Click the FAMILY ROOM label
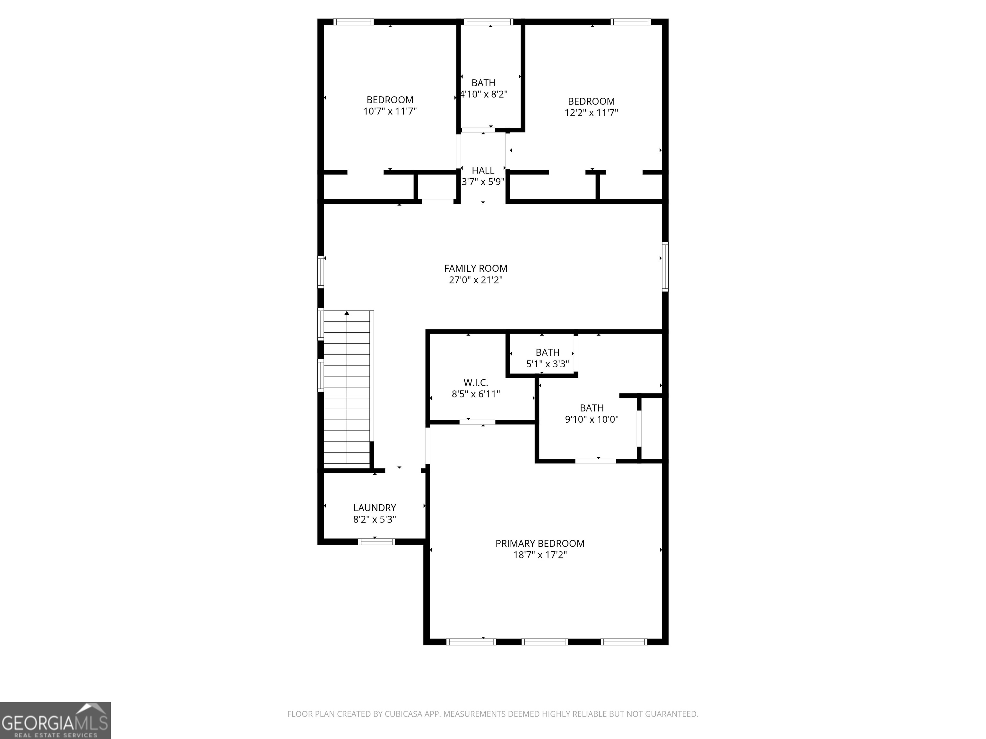point(476,268)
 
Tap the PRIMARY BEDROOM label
point(540,543)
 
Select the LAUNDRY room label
point(375,508)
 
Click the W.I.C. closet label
point(476,383)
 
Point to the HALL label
point(483,171)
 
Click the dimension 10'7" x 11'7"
point(390,111)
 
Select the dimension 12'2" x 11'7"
point(591,113)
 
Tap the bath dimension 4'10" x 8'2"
point(484,94)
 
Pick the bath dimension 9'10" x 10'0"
point(592,419)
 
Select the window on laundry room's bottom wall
point(376,542)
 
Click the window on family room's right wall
point(665,266)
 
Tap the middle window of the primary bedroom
point(544,642)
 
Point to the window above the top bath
point(489,22)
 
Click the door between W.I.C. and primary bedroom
point(477,422)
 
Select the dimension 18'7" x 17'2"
point(540,555)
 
